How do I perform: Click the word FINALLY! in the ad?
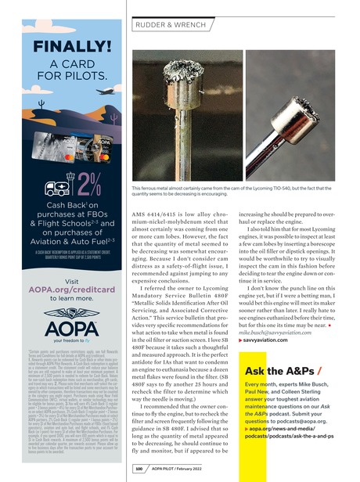point(55,39)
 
